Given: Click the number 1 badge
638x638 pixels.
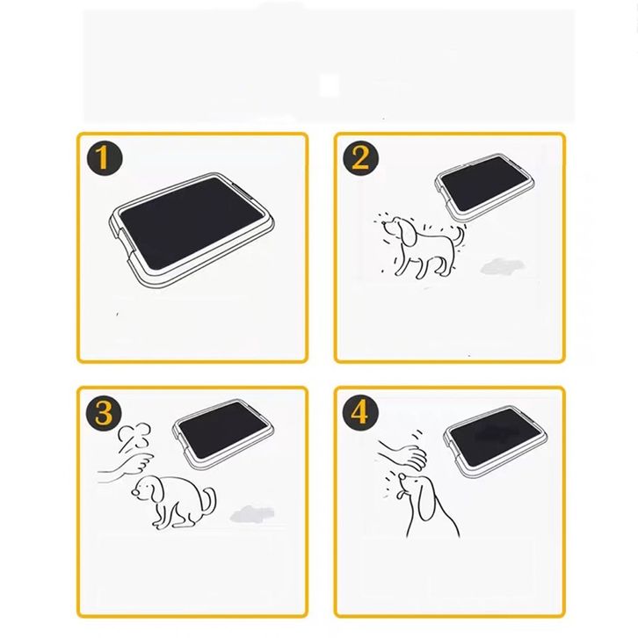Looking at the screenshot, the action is click(x=105, y=158).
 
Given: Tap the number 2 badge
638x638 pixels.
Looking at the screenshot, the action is click(x=361, y=158).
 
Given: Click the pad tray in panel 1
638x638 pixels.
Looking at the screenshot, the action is click(x=192, y=230).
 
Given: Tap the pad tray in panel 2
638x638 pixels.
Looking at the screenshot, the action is click(x=484, y=187).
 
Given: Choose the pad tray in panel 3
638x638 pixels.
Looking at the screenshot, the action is click(x=223, y=434).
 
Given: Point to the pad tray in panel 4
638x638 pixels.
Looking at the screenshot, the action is click(x=495, y=441).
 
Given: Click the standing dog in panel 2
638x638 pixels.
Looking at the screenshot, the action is click(x=424, y=246).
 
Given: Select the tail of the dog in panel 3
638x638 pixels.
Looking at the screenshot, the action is click(x=209, y=500).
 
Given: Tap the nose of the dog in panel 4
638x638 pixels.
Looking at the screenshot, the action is click(x=402, y=476).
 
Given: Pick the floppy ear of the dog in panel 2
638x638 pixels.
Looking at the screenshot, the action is click(x=408, y=234).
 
